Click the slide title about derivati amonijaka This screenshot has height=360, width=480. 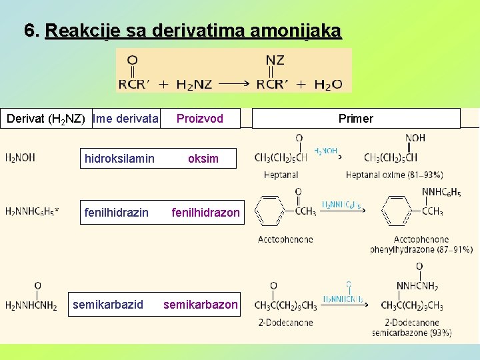183,31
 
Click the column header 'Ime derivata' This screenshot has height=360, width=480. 126,119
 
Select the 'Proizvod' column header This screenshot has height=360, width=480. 199,119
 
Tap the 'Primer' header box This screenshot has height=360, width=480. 356,119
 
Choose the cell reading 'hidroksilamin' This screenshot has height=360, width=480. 119,158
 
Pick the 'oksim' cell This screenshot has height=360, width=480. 203,158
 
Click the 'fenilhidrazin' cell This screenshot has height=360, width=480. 116,212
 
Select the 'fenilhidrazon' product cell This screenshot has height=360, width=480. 205,212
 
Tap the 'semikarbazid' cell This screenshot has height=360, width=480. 108,304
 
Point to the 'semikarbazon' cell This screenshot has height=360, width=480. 201,304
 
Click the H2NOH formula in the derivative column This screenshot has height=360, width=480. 20,158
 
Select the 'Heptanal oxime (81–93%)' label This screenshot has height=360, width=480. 394,175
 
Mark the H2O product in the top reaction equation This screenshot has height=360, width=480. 328,85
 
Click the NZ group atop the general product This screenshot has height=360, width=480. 275,61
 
